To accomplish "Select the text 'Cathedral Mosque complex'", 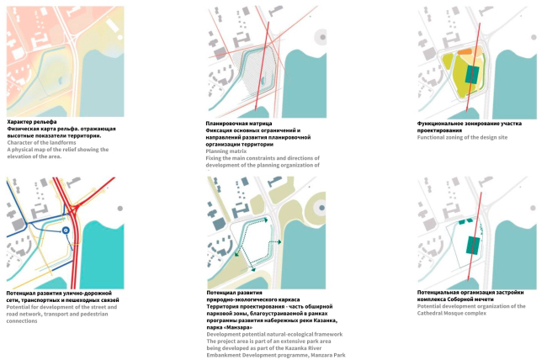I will point(454,313).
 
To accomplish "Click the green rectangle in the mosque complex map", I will point(473,244).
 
